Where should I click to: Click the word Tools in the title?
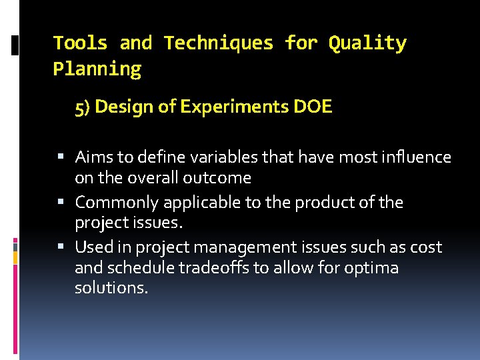(80, 43)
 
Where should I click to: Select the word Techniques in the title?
(219, 43)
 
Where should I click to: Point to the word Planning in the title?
(97, 69)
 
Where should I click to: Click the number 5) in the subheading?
(83, 107)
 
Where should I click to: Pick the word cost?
(427, 247)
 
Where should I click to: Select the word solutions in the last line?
(111, 289)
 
